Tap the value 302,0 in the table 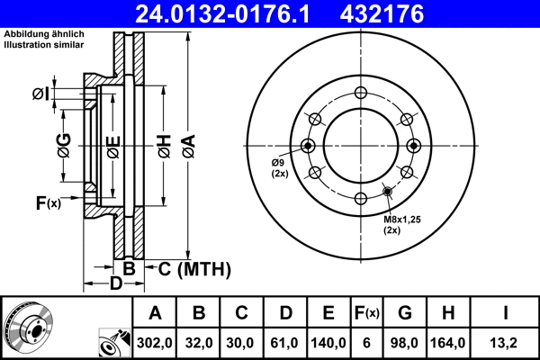[155, 342]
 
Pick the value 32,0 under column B [199, 342]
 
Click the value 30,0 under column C [241, 342]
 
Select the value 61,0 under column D [284, 342]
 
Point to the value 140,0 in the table [328, 342]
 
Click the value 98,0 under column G [406, 342]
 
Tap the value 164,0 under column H [448, 342]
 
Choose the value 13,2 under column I [507, 342]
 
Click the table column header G [406, 313]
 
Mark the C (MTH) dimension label [195, 268]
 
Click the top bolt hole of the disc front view [361, 92]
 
